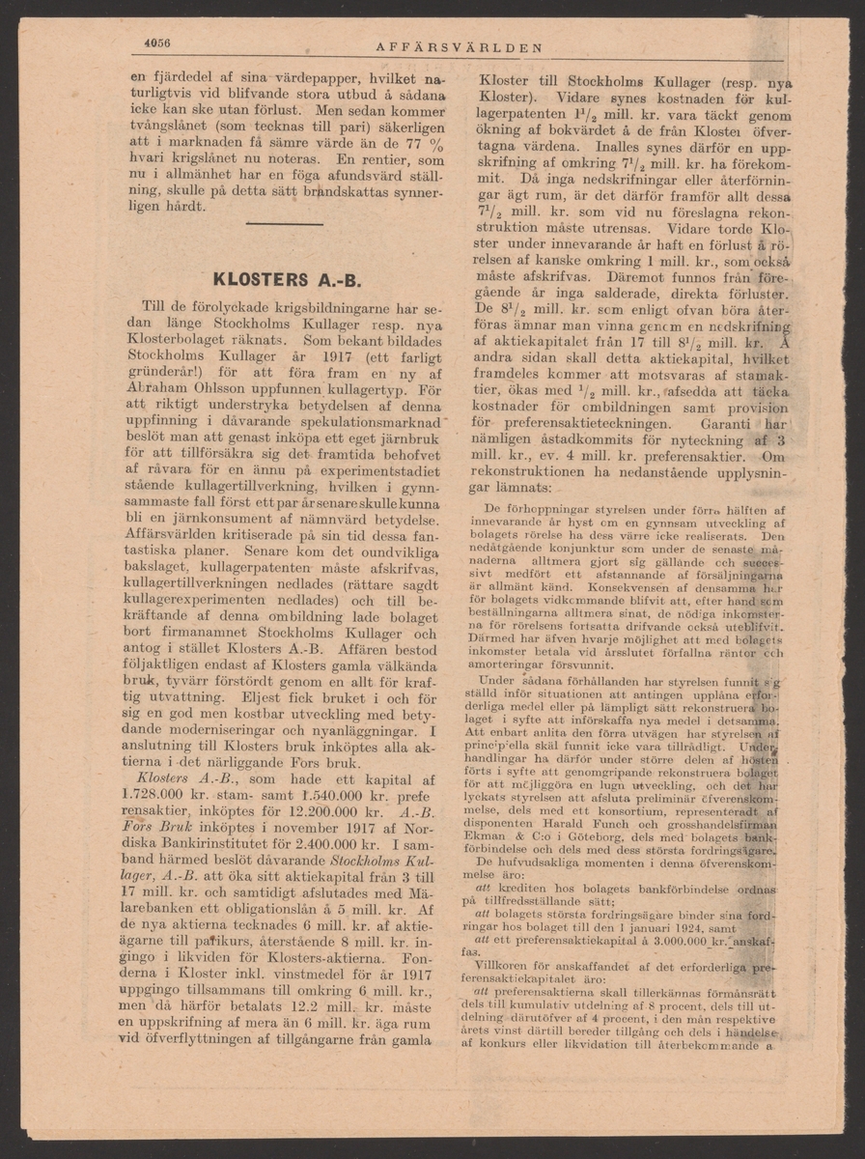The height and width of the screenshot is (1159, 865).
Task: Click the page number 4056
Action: point(157,43)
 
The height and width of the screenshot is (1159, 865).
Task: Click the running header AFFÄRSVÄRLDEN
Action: point(459,46)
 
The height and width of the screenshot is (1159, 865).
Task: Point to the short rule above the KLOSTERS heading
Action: point(284,224)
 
